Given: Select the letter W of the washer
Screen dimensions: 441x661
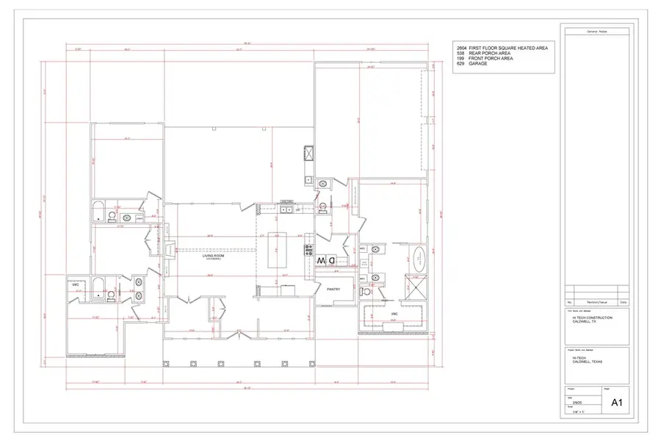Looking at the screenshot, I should pos(321,259).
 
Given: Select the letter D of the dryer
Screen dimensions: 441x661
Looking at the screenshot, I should pos(331,259).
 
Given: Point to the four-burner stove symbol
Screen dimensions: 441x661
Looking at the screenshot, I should pos(308,251).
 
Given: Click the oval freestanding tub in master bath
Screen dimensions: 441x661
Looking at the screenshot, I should pos(418,260).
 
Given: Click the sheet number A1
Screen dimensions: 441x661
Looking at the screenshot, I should pos(618,402).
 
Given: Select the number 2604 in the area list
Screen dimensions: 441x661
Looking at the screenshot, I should pos(460,48).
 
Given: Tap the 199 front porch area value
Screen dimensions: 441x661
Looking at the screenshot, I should pos(460,59).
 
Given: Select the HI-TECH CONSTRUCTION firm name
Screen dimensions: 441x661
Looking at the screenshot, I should pos(591,319).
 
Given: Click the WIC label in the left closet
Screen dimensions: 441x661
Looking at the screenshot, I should pos(76,284).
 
